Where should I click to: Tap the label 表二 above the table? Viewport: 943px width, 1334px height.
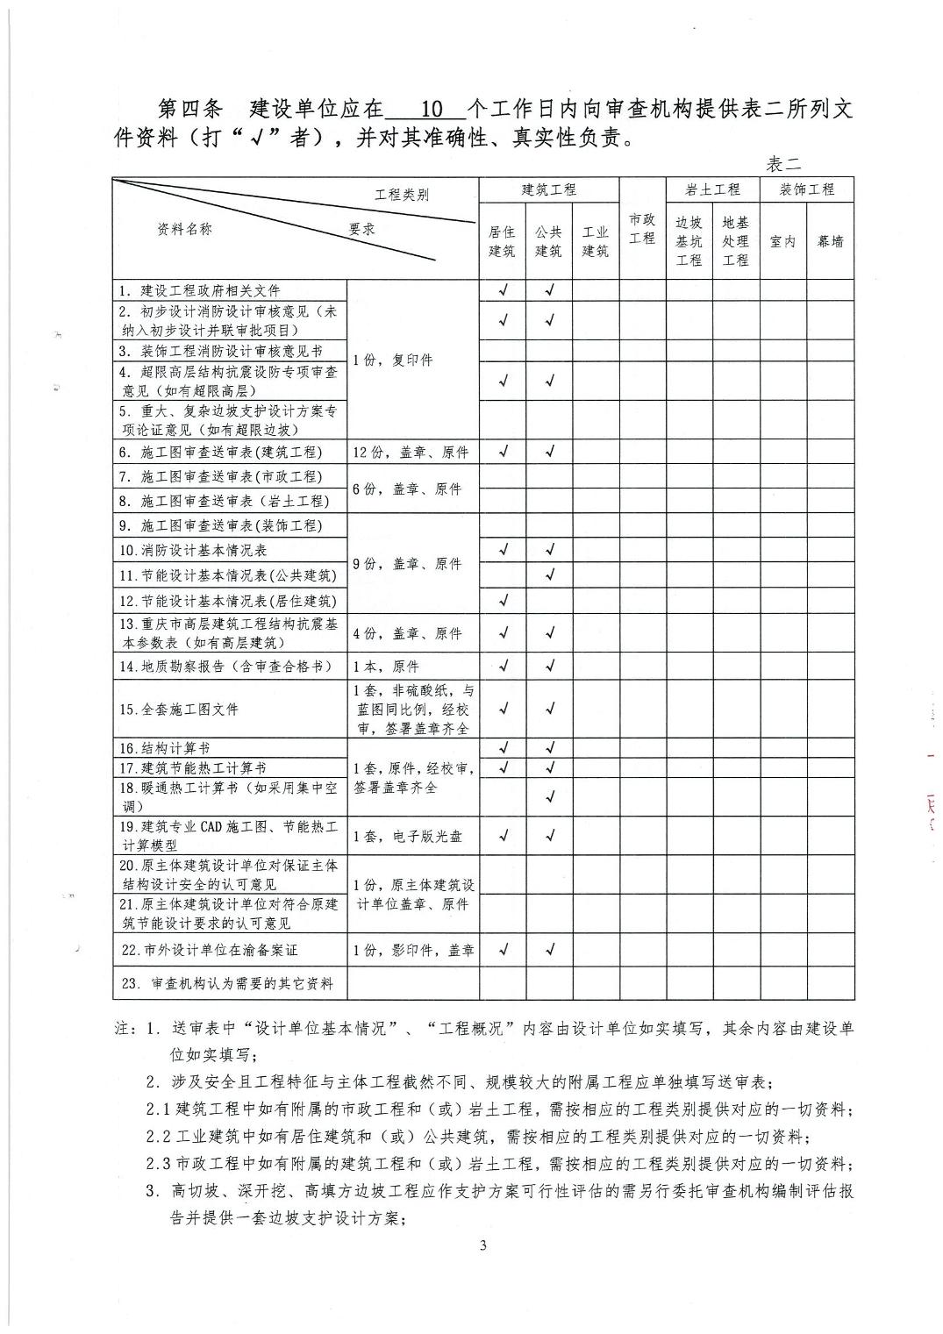click(782, 164)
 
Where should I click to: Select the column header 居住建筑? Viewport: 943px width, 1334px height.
click(502, 241)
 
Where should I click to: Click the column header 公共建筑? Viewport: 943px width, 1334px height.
click(548, 241)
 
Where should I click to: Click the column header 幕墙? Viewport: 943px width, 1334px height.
click(830, 241)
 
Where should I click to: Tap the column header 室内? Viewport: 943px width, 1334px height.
click(782, 241)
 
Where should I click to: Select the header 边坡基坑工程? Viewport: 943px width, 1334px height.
click(689, 241)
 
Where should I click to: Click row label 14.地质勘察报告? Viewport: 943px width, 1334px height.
click(226, 667)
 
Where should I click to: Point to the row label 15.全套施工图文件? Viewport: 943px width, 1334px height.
click(178, 709)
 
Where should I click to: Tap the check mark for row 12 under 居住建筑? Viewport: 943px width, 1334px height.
click(503, 601)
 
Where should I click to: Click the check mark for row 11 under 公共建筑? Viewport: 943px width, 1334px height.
click(550, 575)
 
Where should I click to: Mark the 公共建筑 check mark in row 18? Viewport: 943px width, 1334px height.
click(550, 796)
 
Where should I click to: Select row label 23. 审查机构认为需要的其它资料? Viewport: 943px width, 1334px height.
click(228, 984)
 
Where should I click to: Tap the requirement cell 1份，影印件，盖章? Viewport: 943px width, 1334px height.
click(413, 950)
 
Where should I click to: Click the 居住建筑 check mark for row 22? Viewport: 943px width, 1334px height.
click(503, 949)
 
